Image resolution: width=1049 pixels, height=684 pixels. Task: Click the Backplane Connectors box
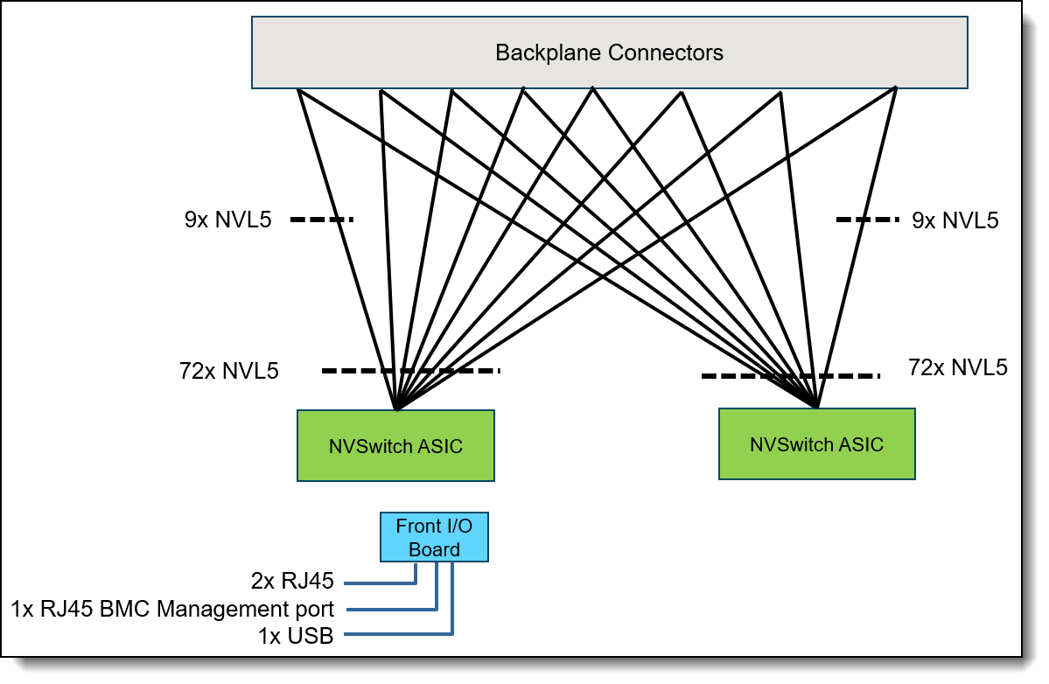(x=609, y=52)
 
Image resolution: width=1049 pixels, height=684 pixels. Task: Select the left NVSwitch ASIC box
(x=395, y=446)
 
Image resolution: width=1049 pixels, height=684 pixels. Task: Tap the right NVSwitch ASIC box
(x=816, y=443)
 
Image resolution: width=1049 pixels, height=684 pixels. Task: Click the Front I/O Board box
(x=434, y=537)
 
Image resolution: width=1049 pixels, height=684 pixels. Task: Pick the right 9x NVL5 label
(x=955, y=220)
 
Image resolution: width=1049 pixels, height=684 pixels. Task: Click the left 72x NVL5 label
(x=228, y=372)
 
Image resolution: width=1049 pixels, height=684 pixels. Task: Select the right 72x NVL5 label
(x=958, y=367)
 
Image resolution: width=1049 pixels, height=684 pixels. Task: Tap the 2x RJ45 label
(x=293, y=581)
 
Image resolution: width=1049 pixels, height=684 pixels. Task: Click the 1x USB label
(x=296, y=637)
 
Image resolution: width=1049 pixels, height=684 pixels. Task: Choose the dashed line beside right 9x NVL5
(x=867, y=220)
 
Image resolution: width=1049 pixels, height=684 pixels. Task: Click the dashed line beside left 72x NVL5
(x=410, y=371)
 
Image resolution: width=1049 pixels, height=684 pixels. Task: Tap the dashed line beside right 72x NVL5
(x=790, y=376)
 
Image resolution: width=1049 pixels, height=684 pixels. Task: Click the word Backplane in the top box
(x=549, y=52)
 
